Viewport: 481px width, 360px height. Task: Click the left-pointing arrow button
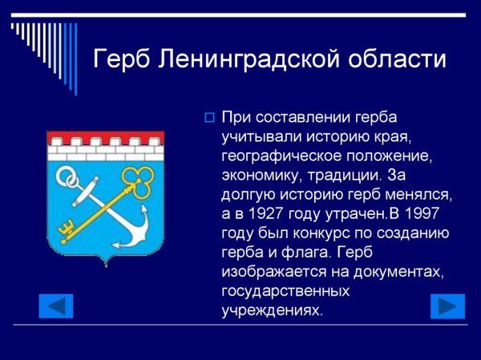pyautogui.click(x=56, y=305)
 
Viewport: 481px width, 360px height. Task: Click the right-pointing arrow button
pyautogui.click(x=447, y=305)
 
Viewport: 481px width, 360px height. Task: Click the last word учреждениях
pyautogui.click(x=272, y=310)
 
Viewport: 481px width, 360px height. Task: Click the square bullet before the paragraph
pyautogui.click(x=209, y=118)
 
